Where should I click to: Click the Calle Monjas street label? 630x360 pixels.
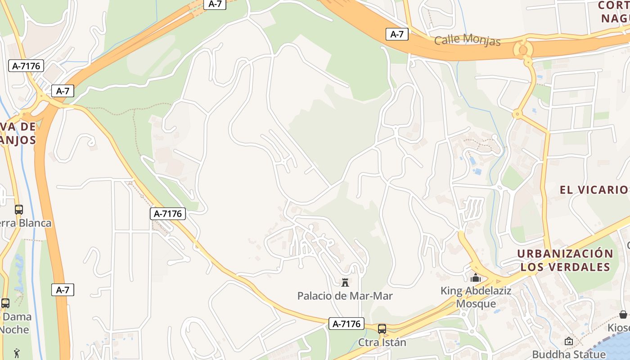pyautogui.click(x=467, y=40)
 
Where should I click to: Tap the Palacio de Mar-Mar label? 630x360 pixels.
pyautogui.click(x=345, y=296)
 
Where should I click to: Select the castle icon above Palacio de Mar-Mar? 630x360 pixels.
pyautogui.click(x=345, y=282)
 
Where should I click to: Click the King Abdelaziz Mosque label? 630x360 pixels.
pyautogui.click(x=476, y=297)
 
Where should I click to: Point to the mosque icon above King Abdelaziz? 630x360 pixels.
pyautogui.click(x=476, y=278)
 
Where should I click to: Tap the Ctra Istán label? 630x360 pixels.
pyautogui.click(x=382, y=342)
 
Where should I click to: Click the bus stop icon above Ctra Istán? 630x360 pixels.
pyautogui.click(x=382, y=329)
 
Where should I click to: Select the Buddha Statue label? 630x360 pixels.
pyautogui.click(x=569, y=354)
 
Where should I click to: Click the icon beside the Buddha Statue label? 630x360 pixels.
pyautogui.click(x=569, y=342)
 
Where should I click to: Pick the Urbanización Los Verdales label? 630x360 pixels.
pyautogui.click(x=565, y=260)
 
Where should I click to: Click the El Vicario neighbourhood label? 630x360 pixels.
pyautogui.click(x=594, y=189)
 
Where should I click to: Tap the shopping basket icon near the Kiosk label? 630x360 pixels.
pyautogui.click(x=623, y=314)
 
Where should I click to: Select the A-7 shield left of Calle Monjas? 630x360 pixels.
pyautogui.click(x=397, y=34)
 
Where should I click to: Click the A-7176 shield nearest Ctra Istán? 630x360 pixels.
pyautogui.click(x=346, y=324)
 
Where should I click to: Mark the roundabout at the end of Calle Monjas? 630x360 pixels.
pyautogui.click(x=523, y=49)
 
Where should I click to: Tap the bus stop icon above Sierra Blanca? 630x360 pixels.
pyautogui.click(x=18, y=210)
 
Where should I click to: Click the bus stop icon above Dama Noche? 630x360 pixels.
pyautogui.click(x=5, y=303)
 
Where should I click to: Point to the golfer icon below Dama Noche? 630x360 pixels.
pyautogui.click(x=17, y=353)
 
